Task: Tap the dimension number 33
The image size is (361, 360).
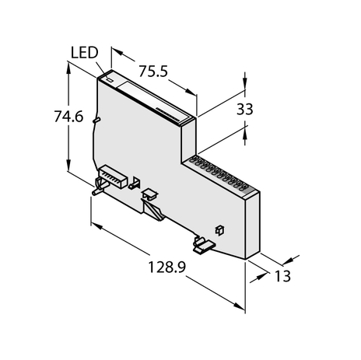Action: tap(244, 110)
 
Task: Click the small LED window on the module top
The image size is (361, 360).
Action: tap(110, 79)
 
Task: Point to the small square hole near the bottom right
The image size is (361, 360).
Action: tap(219, 230)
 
